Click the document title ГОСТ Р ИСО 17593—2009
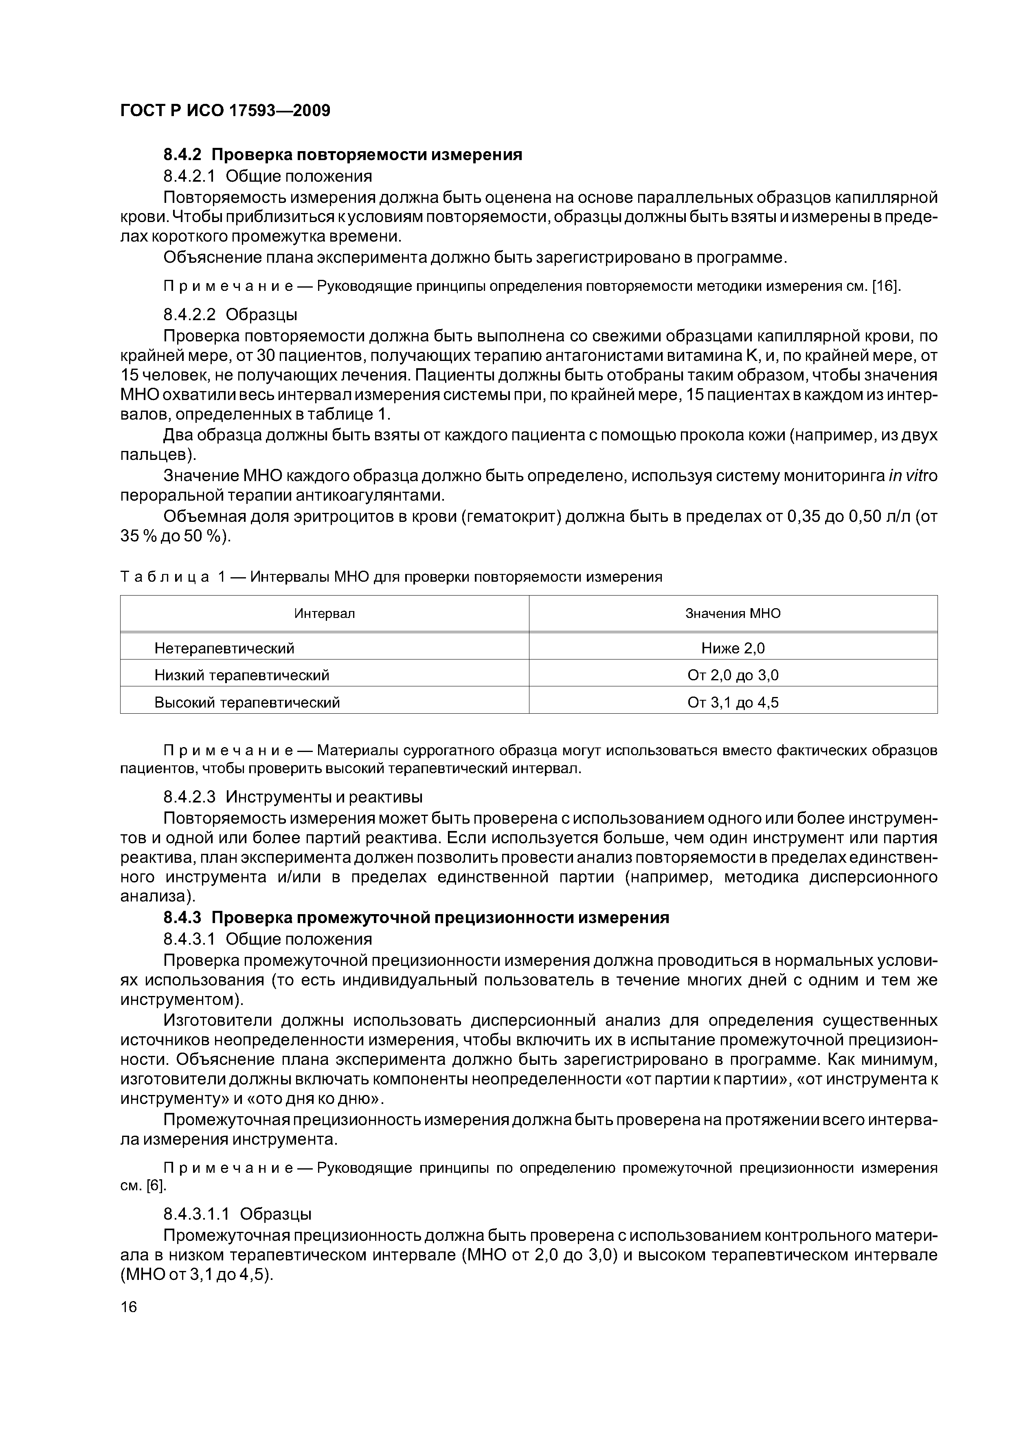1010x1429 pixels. point(225,111)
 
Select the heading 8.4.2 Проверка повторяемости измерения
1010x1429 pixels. point(343,154)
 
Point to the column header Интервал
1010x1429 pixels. point(324,613)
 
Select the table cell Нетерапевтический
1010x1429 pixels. point(224,649)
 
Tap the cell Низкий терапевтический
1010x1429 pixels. point(242,675)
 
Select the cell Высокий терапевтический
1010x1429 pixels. point(247,703)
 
